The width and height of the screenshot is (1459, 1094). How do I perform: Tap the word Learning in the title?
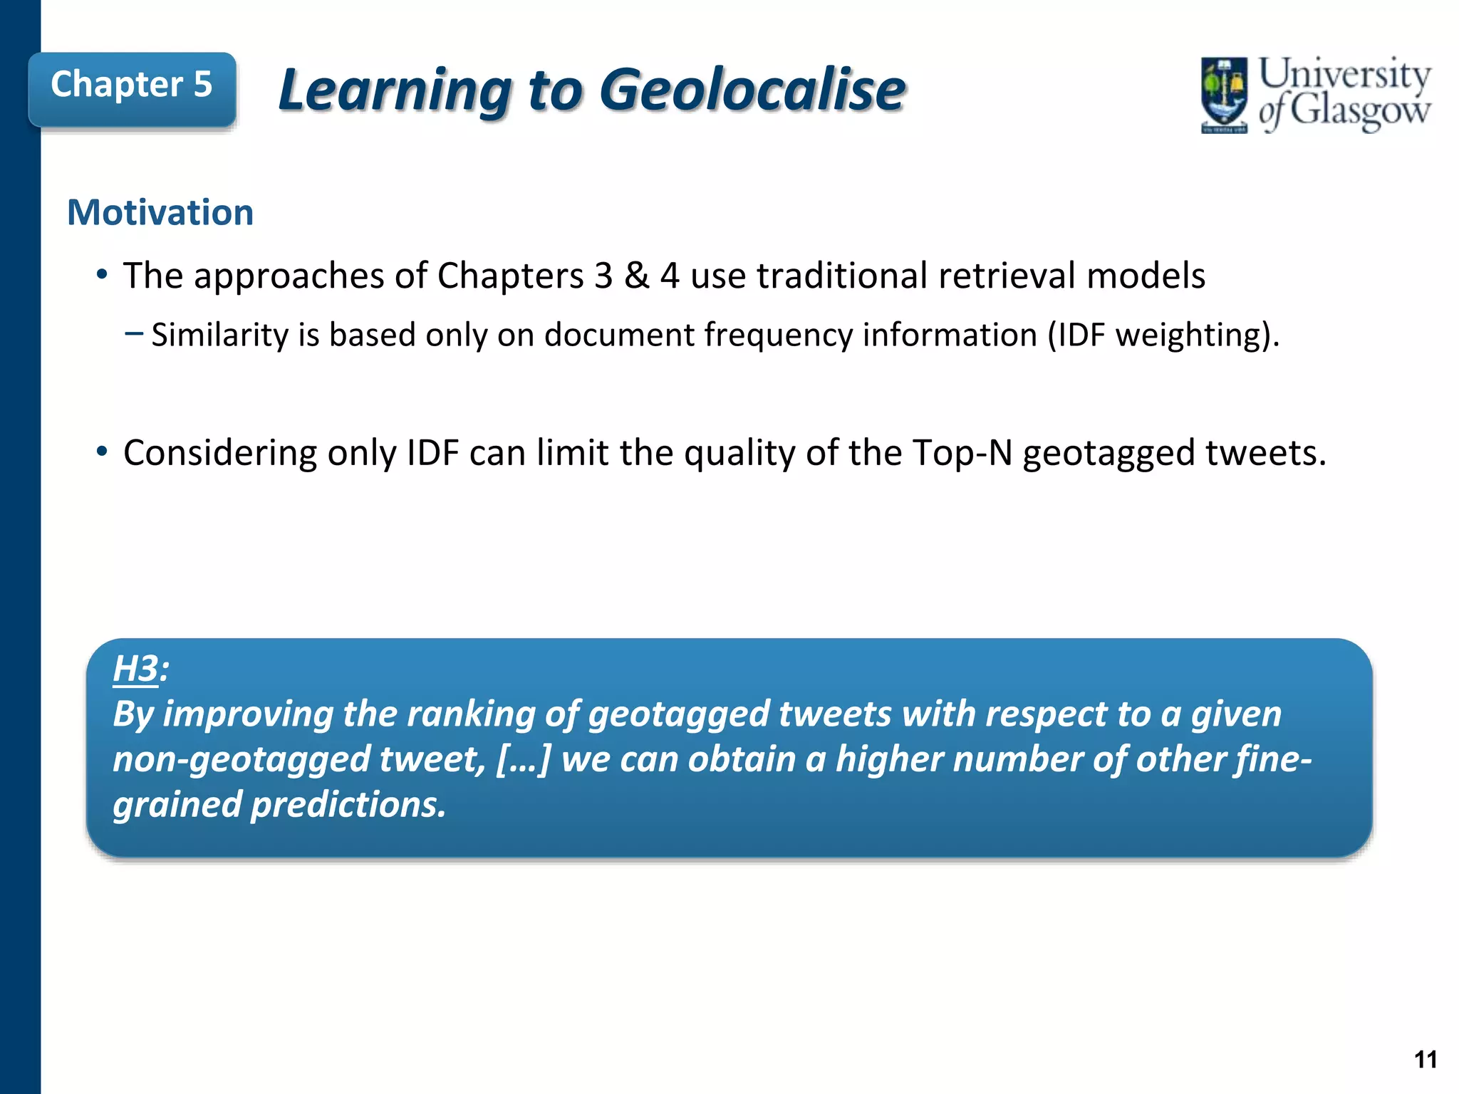pos(395,90)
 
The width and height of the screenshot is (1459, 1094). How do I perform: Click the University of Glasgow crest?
pos(1224,95)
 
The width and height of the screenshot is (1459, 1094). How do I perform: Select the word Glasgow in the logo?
pos(1359,112)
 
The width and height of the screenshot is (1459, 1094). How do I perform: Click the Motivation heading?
pos(160,212)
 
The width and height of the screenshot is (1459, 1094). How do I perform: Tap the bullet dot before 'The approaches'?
pos(102,274)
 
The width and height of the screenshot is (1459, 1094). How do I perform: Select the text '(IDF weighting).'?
pos(1163,335)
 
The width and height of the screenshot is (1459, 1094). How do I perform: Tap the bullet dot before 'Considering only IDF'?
pos(102,452)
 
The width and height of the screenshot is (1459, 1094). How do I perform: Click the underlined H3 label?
pos(135,669)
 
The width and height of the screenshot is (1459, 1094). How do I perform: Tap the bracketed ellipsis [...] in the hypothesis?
pos(524,759)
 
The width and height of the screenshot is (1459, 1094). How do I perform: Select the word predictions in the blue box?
pos(348,805)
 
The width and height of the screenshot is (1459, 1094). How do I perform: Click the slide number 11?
pos(1425,1060)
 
